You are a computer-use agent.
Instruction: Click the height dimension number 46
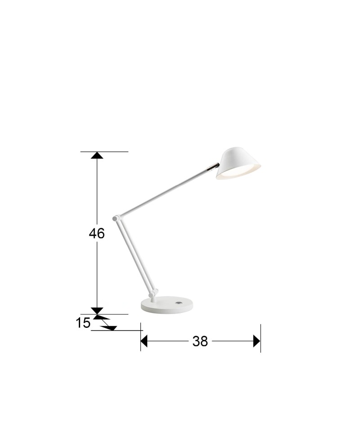pos(97,233)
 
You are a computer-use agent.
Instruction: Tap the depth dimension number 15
pos(83,323)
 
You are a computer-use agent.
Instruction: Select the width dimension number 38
pos(200,341)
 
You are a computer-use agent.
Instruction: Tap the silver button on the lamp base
pos(179,303)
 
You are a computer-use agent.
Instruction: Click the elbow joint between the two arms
pos(116,219)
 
